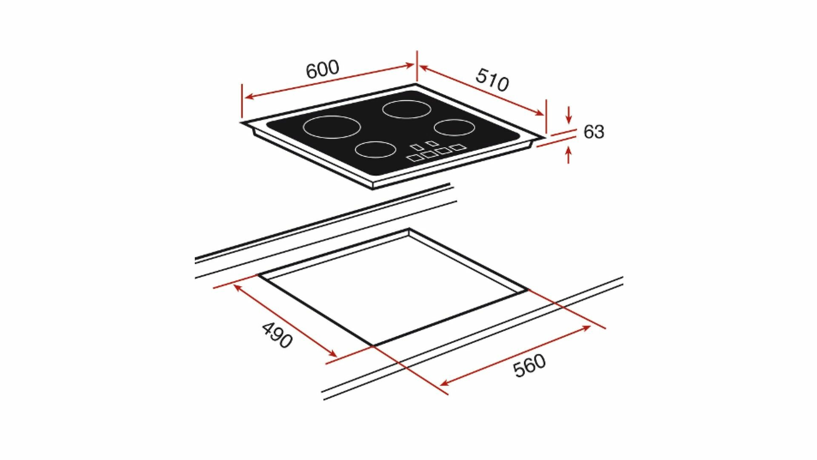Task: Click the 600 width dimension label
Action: (x=323, y=69)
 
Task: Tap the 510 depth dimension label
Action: (x=492, y=80)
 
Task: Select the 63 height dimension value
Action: (x=594, y=132)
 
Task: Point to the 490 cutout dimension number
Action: (x=277, y=335)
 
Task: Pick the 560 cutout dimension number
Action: (x=529, y=365)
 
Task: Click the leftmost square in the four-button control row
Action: (x=414, y=158)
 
